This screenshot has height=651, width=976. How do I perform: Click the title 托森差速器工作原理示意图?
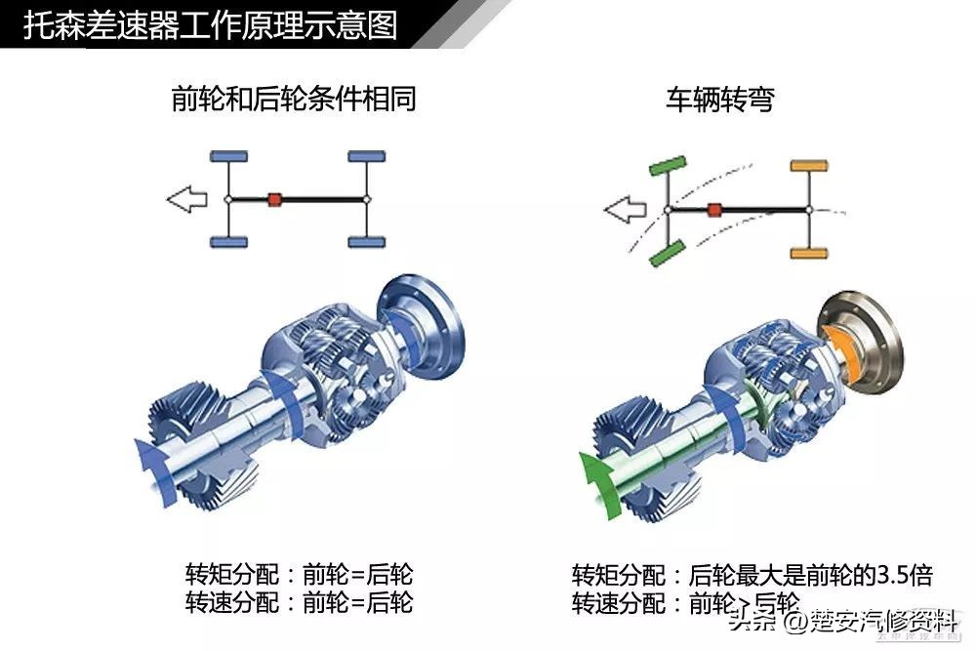click(x=210, y=24)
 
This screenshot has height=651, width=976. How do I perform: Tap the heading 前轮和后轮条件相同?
click(x=293, y=99)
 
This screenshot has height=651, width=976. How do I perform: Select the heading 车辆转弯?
click(x=719, y=99)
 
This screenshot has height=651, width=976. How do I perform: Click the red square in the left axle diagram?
click(x=275, y=199)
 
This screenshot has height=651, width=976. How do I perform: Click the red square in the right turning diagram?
click(x=714, y=209)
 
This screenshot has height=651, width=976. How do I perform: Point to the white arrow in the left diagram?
click(x=186, y=200)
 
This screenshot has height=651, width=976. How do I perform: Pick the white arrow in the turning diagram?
click(x=625, y=208)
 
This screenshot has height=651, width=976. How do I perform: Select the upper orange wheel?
click(x=808, y=166)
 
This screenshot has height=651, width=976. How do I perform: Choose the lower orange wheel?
click(x=808, y=254)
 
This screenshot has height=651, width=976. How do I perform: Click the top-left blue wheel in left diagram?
click(x=228, y=156)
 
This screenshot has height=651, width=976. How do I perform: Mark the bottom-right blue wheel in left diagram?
click(x=366, y=242)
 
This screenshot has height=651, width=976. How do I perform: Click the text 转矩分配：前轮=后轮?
click(x=299, y=574)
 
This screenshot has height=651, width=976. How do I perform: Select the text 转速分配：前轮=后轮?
click(x=299, y=602)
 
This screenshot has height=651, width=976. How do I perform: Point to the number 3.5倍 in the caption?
click(x=904, y=574)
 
